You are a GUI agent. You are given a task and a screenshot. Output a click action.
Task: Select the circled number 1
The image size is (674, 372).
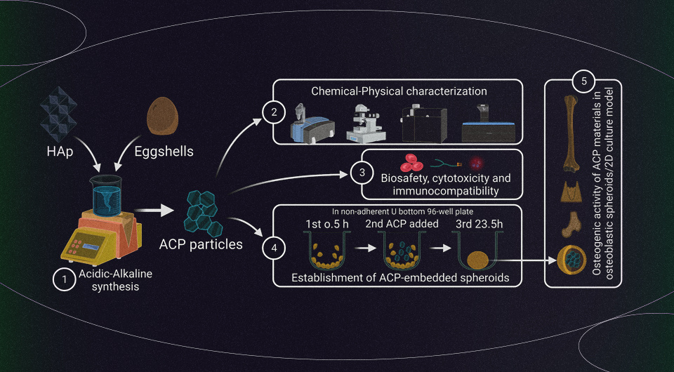64,279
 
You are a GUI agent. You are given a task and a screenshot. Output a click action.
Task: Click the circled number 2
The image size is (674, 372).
270,112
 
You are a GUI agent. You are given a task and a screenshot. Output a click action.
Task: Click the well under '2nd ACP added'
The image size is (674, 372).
401,254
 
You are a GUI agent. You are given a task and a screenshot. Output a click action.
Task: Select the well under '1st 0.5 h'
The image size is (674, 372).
325,255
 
